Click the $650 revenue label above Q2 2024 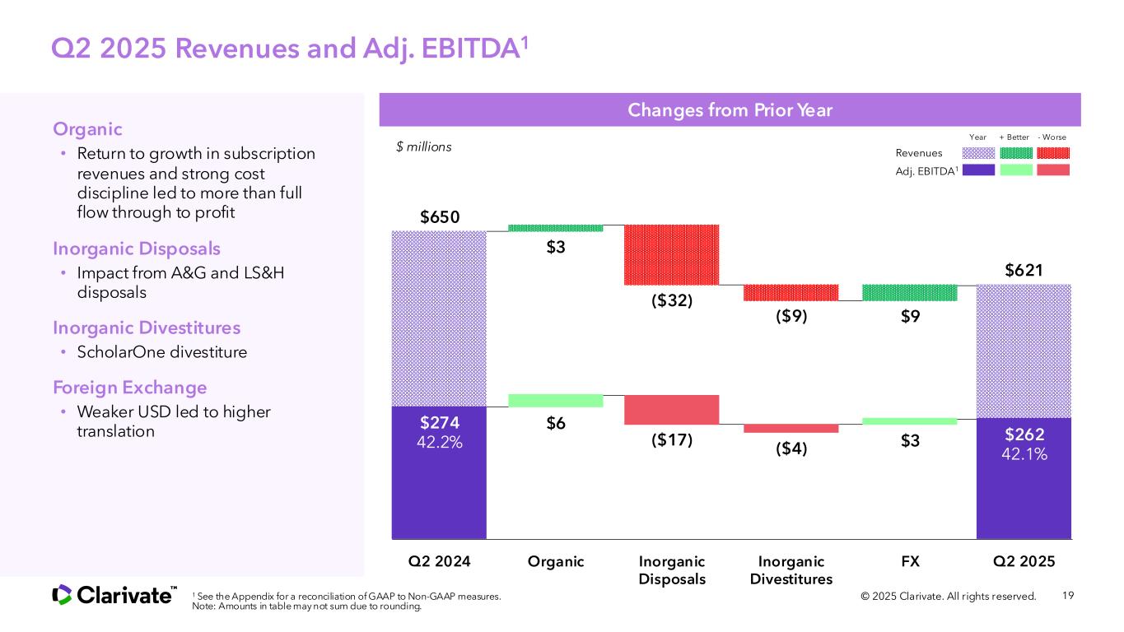439,217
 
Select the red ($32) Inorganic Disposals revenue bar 672,254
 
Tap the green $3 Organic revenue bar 555,228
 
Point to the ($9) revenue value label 791,318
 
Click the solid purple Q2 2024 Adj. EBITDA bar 439,486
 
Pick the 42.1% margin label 1024,453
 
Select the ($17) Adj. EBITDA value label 672,440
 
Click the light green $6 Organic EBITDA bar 555,401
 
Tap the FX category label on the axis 910,561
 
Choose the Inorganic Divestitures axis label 791,570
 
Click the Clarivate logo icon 63,594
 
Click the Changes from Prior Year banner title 730,110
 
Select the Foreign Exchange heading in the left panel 130,387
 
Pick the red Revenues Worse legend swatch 1053,153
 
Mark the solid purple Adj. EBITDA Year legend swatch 978,170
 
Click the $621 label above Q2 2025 1024,269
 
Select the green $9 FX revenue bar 910,292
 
